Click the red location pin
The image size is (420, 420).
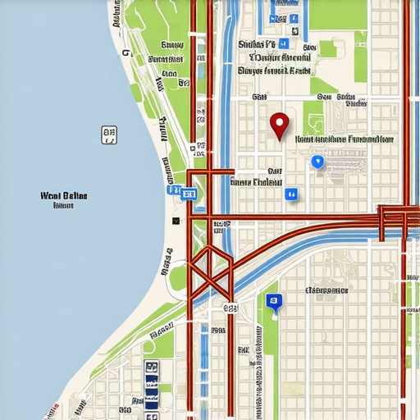click(280, 125)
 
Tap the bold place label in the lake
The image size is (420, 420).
click(63, 197)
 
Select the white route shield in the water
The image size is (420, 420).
click(108, 135)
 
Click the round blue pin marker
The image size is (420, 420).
click(317, 162)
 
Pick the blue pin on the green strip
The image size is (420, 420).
click(274, 303)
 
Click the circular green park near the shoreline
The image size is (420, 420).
click(178, 277)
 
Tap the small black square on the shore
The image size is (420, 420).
click(175, 221)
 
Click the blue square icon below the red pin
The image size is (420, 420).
click(290, 194)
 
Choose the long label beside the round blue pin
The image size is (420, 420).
click(343, 139)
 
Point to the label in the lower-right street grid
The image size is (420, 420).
click(326, 290)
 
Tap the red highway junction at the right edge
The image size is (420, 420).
click(394, 217)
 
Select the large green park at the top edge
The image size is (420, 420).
click(337, 14)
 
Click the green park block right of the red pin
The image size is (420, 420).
click(313, 117)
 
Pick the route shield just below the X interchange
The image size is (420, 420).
click(229, 308)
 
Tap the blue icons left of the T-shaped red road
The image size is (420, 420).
click(182, 194)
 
